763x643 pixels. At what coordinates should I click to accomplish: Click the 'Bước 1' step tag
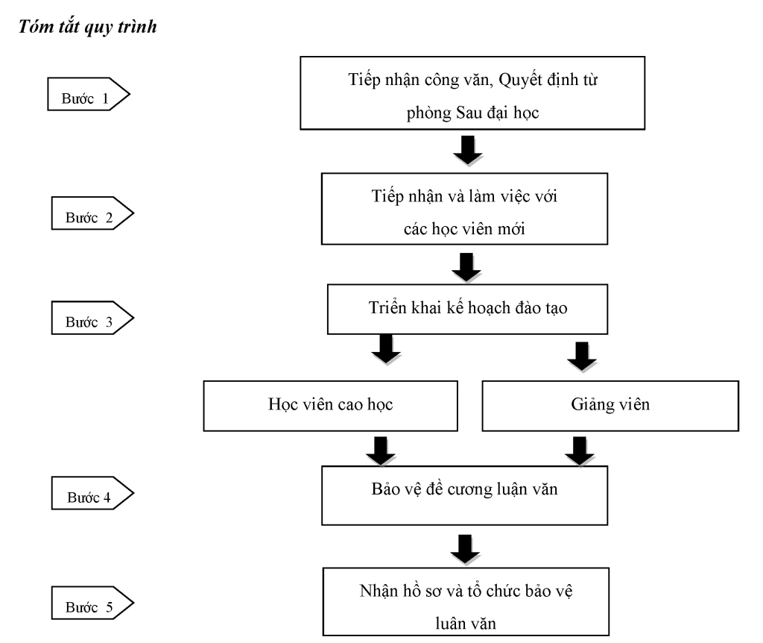[x=89, y=94]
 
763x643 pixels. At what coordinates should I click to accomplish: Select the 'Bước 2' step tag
[x=92, y=213]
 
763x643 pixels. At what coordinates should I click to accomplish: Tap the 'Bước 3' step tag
[x=92, y=318]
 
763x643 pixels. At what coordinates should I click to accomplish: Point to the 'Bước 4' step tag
[x=92, y=493]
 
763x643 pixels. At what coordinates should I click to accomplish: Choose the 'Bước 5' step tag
[x=92, y=603]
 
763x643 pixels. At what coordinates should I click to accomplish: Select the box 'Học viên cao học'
[x=330, y=406]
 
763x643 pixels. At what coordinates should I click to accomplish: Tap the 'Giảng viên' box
[x=610, y=406]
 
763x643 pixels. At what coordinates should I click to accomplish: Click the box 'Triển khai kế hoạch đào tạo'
[x=468, y=310]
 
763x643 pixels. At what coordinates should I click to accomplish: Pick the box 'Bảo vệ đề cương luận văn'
[x=465, y=495]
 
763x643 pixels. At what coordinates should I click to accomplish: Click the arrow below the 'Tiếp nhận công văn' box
[x=468, y=151]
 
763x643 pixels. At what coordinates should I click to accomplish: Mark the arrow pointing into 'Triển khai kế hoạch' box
[x=466, y=268]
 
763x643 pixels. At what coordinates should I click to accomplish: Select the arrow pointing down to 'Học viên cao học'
[x=387, y=349]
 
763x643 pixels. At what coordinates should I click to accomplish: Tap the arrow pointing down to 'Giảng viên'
[x=582, y=357]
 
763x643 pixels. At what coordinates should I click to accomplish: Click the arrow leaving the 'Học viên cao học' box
[x=381, y=451]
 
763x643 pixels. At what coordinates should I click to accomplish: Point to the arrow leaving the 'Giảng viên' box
[x=580, y=451]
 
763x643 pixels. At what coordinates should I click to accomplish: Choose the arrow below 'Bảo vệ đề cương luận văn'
[x=465, y=550]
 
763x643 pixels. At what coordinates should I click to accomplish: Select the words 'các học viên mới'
[x=465, y=229]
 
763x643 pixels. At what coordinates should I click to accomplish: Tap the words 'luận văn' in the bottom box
[x=466, y=624]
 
